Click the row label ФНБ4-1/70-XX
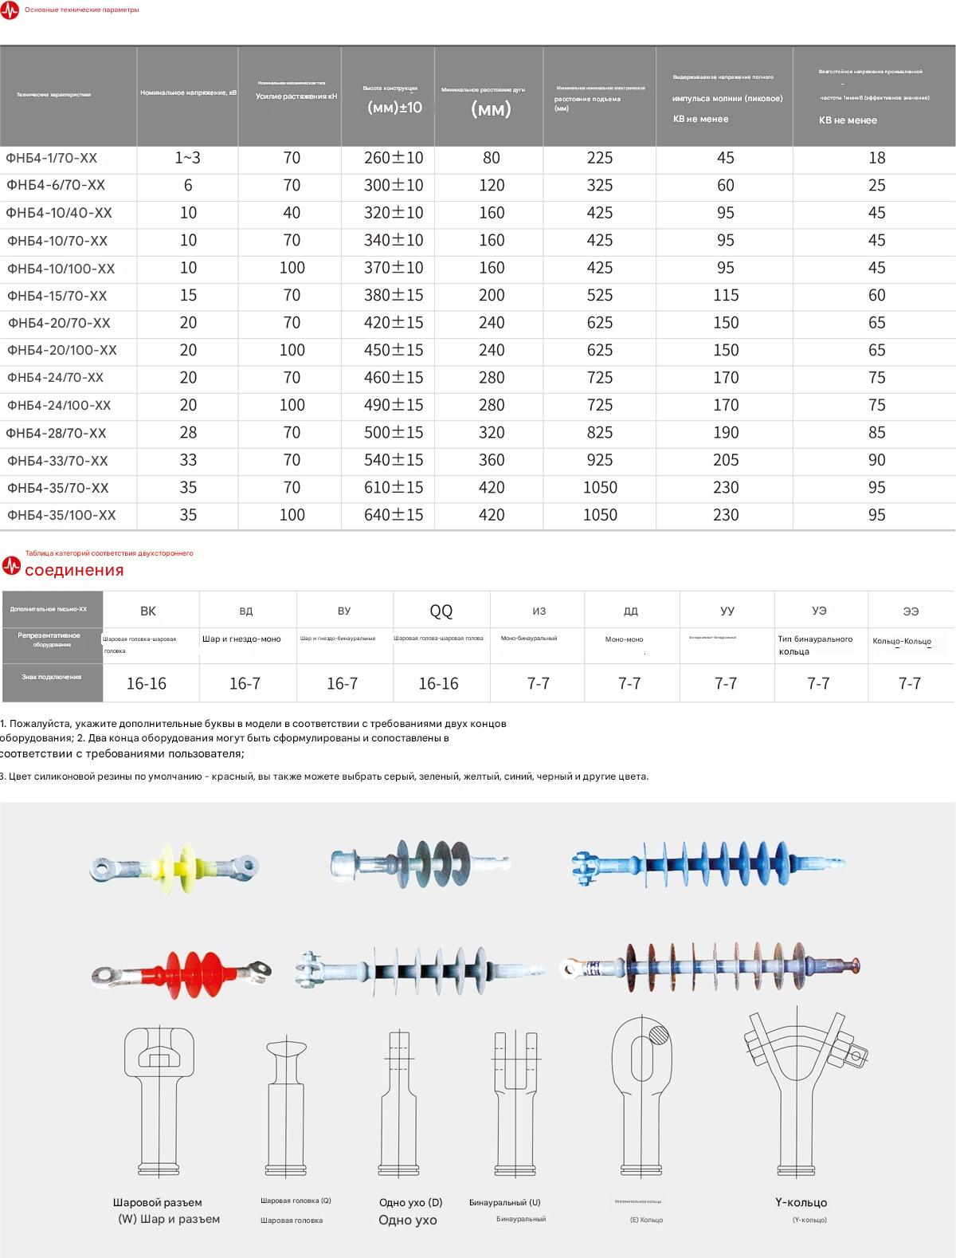point(52,158)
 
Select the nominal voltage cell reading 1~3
point(188,158)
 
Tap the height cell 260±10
point(394,158)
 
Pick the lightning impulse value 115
point(726,295)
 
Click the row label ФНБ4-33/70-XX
point(57,461)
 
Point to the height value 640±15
point(394,515)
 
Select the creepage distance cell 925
point(600,460)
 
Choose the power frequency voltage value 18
point(876,158)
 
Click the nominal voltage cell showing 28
point(188,432)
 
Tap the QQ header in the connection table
point(441,611)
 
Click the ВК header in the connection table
point(148,611)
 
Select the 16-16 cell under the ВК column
point(147,683)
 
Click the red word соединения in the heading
point(74,570)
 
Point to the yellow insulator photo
point(174,867)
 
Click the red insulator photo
point(182,969)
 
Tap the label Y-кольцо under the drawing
point(801,1202)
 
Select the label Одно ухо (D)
point(410,1202)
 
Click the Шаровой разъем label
point(158,1202)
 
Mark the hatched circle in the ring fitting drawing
point(660,1036)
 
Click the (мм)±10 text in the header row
point(394,107)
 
